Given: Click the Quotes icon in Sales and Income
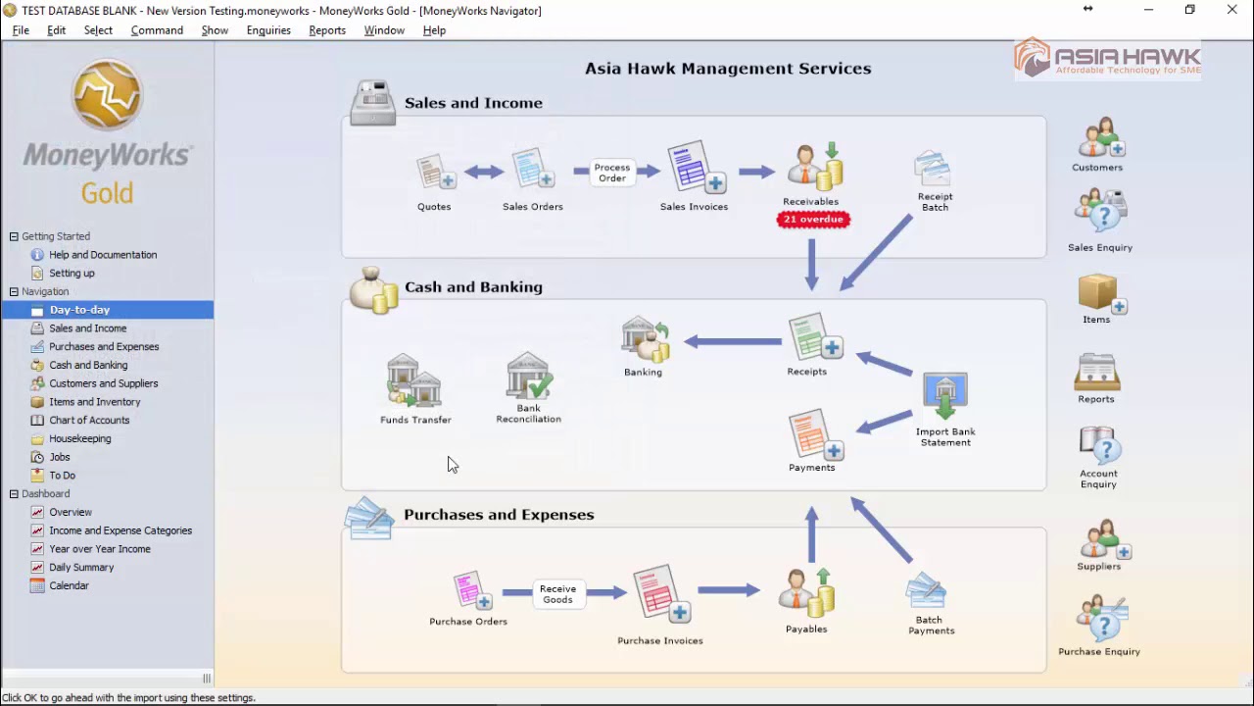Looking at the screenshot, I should pos(435,173).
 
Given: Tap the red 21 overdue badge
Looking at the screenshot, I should pos(812,220).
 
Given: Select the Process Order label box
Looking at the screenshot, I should pos(612,173).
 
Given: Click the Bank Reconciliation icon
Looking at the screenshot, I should pos(529,377).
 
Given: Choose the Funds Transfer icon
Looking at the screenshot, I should pos(414,381).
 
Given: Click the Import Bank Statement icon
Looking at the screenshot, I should pos(945,396).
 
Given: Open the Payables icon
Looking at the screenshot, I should pos(807,591).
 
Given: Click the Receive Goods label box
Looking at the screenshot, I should pos(557,594).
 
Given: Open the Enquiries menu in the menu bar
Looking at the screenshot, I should pos(268,30).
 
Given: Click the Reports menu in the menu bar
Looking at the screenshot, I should pos(327,30).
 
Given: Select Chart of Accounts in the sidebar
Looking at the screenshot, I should pos(89,421).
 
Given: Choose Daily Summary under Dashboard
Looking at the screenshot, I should pos(81,568).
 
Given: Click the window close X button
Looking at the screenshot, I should pos(1231,10).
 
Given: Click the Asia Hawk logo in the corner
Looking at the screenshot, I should pos(1107,59).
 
